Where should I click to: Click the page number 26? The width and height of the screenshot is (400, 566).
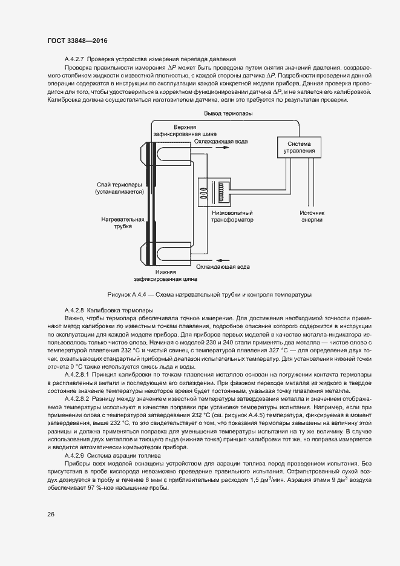(x=50, y=515)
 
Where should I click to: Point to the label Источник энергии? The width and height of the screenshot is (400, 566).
(x=312, y=217)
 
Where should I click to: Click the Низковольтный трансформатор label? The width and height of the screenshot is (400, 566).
(x=232, y=217)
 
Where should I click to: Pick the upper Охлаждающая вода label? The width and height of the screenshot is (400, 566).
(x=221, y=142)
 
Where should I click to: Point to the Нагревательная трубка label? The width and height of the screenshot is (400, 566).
(x=125, y=222)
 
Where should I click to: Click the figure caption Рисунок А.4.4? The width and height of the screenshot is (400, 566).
(x=209, y=295)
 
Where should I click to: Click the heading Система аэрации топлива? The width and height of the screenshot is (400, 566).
(x=124, y=454)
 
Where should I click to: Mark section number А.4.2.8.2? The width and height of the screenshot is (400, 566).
(x=77, y=399)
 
